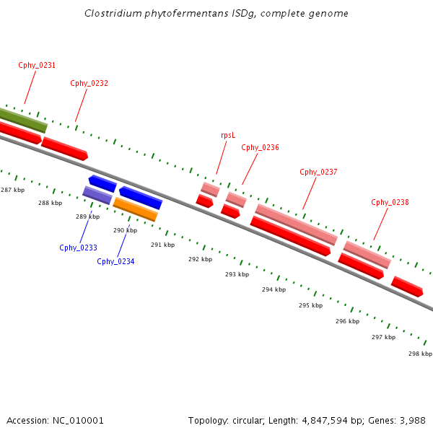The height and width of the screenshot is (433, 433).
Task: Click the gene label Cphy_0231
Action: (37, 65)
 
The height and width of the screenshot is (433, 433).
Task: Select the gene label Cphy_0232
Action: (89, 83)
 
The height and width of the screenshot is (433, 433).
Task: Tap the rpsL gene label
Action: (228, 135)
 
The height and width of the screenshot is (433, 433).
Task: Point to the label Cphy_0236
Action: (260, 147)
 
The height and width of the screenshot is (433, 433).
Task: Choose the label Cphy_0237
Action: (318, 172)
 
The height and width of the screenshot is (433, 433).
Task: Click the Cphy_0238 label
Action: (390, 202)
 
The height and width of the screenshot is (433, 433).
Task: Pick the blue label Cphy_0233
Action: (78, 248)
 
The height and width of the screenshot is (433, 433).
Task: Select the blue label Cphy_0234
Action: (115, 261)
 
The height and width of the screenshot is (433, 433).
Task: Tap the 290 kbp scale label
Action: (125, 230)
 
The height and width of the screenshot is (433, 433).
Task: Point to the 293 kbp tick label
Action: (237, 274)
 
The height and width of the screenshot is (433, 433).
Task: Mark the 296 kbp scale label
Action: (347, 321)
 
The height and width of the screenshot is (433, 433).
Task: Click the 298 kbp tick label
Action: (420, 354)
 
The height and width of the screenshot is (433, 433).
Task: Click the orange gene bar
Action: (135, 209)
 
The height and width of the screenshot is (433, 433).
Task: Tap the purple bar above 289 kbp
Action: (97, 195)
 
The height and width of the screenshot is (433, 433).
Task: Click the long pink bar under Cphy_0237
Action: (296, 224)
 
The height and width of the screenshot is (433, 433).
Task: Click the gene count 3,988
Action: (411, 420)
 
